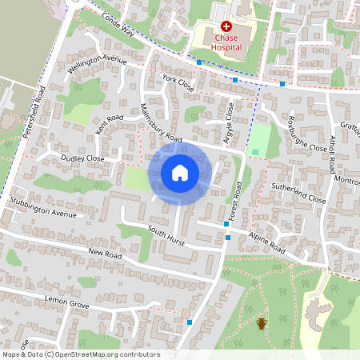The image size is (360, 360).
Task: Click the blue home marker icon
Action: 180,173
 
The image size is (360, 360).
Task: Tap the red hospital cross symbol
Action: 226,26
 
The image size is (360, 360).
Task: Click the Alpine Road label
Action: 266,243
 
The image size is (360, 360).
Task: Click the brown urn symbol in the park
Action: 262,323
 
